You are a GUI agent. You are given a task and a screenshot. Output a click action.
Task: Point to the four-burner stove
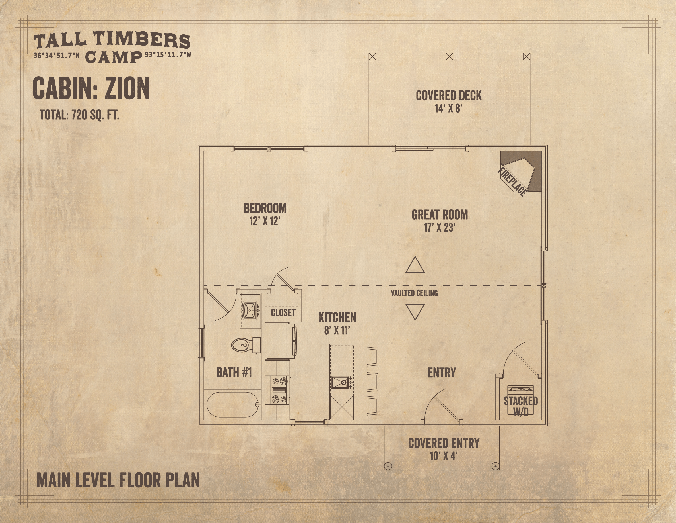pos(279,390)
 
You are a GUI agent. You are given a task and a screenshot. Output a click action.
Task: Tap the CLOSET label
pos(283,312)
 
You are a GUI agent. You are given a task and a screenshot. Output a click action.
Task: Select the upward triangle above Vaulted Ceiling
pos(415,265)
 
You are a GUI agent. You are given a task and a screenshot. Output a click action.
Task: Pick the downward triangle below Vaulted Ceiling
pos(415,312)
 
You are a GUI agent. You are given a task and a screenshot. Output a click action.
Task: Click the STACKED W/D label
pos(521,406)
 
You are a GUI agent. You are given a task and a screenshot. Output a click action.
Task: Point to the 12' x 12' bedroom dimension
pos(265,221)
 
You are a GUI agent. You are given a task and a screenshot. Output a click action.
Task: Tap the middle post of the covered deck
pos(450,56)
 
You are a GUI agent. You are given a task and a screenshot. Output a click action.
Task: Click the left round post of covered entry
pos(388,466)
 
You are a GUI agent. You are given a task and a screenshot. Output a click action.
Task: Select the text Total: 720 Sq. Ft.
pos(80,115)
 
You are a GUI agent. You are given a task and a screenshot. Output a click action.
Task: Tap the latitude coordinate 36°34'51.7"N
pos(57,56)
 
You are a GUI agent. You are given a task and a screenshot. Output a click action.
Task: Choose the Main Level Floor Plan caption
pos(118,481)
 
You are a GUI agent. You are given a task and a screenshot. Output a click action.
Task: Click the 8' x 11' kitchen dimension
pos(337,331)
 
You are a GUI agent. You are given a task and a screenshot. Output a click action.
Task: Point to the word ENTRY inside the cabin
pos(442,373)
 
